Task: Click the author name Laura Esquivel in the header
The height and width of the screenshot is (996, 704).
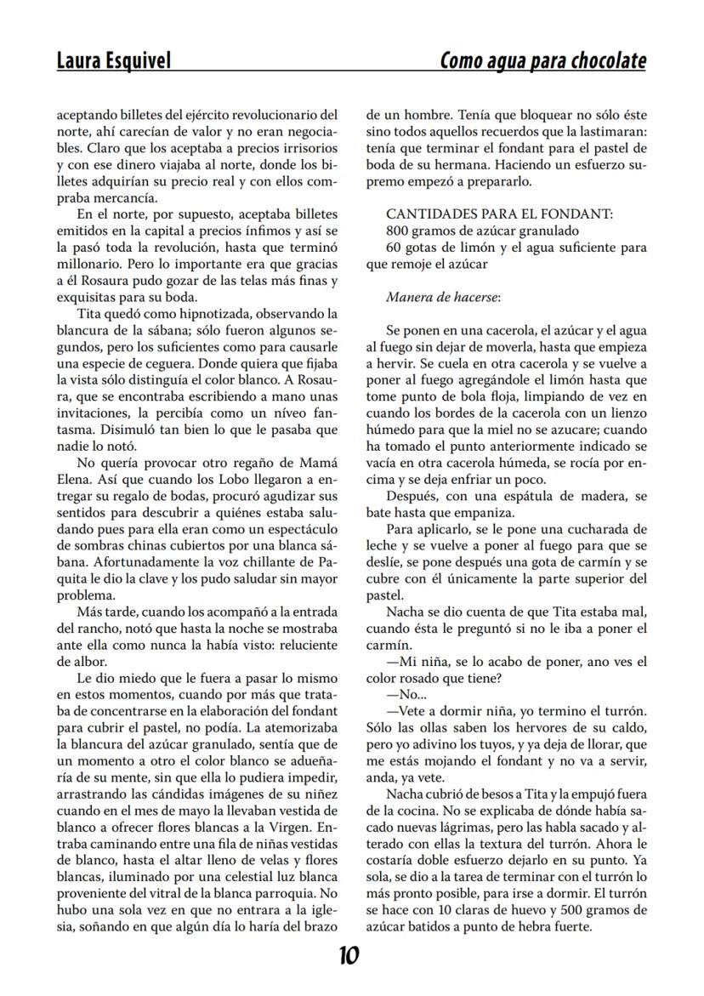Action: tap(113, 61)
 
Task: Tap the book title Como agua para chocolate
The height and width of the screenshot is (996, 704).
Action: tap(542, 61)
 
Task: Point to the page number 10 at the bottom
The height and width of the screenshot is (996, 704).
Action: tap(349, 955)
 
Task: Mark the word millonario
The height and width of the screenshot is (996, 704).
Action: tap(87, 264)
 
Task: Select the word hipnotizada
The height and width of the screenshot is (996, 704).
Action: tap(197, 314)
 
